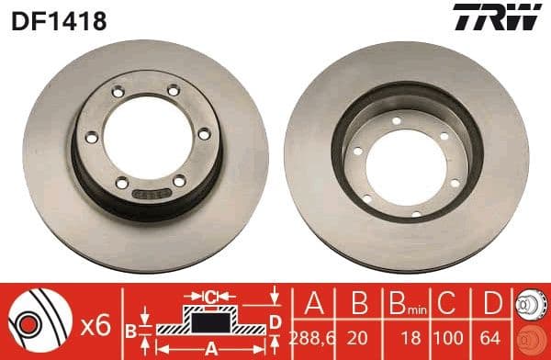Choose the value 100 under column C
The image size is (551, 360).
click(444, 337)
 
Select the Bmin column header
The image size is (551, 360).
click(400, 302)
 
